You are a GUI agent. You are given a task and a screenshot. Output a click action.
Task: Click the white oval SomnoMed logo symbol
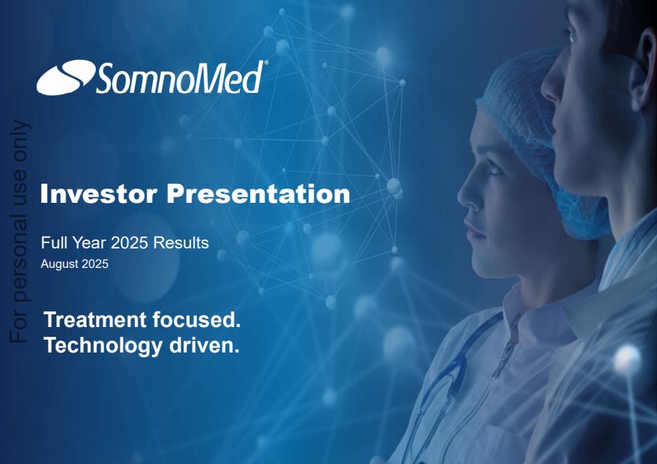click(66, 77)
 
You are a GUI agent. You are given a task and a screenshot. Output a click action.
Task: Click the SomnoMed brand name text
click(179, 78)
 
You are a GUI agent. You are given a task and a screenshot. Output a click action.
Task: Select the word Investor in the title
click(99, 194)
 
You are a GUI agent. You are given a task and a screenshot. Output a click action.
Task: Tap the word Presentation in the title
click(258, 194)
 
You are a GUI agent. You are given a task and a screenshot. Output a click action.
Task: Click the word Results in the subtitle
click(181, 242)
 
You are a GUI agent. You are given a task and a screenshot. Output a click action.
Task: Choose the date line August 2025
click(75, 264)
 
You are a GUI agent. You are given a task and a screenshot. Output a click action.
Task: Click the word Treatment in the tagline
click(95, 320)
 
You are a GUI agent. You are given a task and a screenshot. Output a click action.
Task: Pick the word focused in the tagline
click(196, 320)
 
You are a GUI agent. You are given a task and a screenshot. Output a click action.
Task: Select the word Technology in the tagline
click(103, 346)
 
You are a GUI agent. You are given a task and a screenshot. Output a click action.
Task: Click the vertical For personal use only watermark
click(19, 231)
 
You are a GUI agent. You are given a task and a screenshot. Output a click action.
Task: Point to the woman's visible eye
click(493, 168)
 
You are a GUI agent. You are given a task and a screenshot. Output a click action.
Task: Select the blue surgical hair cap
click(545, 138)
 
